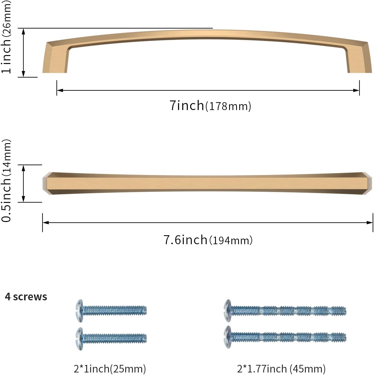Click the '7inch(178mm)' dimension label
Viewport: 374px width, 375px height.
click(210, 106)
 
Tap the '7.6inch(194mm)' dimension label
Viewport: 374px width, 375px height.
click(208, 240)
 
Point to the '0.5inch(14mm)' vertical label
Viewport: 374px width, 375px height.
click(6, 181)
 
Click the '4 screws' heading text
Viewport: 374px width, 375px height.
click(26, 297)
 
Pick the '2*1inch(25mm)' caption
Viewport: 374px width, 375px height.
click(110, 369)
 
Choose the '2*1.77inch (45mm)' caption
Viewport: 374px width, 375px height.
click(281, 369)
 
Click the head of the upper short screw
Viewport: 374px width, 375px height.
click(79, 310)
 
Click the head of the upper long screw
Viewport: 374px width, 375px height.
click(227, 310)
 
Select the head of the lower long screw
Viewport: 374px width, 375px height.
click(227, 337)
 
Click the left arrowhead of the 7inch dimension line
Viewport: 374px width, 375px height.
click(59, 90)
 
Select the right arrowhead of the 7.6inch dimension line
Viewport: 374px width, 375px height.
click(370, 223)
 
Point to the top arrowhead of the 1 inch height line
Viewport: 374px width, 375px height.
click(24, 31)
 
